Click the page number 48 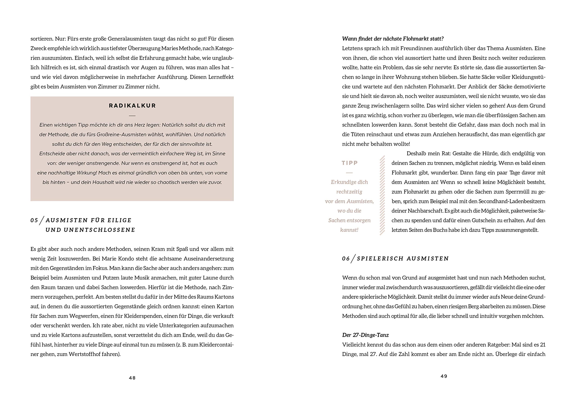point(132,378)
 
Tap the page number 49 point(444,376)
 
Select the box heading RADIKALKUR point(132,105)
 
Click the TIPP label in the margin point(349,163)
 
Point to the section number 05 point(34,220)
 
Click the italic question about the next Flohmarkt point(393,39)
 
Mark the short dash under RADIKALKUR point(132,116)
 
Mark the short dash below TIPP point(349,173)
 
